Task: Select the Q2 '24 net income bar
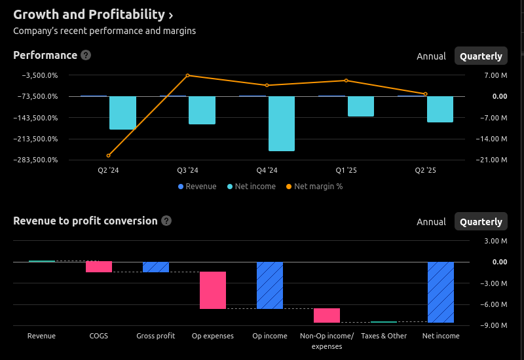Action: (x=122, y=113)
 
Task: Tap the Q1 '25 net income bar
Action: (x=361, y=107)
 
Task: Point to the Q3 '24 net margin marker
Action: (x=187, y=75)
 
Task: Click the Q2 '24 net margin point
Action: (x=108, y=156)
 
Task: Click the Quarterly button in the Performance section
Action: (x=481, y=56)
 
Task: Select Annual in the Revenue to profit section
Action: (x=431, y=222)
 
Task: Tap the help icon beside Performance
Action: (x=86, y=56)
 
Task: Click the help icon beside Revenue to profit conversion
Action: (x=166, y=221)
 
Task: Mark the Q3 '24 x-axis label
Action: (x=187, y=171)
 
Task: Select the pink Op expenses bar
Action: (x=213, y=290)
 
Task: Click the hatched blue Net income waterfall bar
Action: (x=441, y=292)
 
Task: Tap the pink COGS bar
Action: (x=99, y=266)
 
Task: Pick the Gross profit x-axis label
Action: (x=156, y=336)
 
